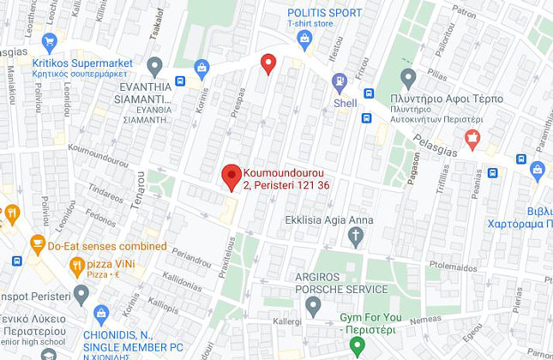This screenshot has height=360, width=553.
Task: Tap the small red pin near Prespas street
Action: (267, 63)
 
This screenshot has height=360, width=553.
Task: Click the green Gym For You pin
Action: (358, 346)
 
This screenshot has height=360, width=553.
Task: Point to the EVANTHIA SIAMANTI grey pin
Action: (154, 65)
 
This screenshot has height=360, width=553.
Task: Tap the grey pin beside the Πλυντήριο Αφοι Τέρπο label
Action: (408, 78)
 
